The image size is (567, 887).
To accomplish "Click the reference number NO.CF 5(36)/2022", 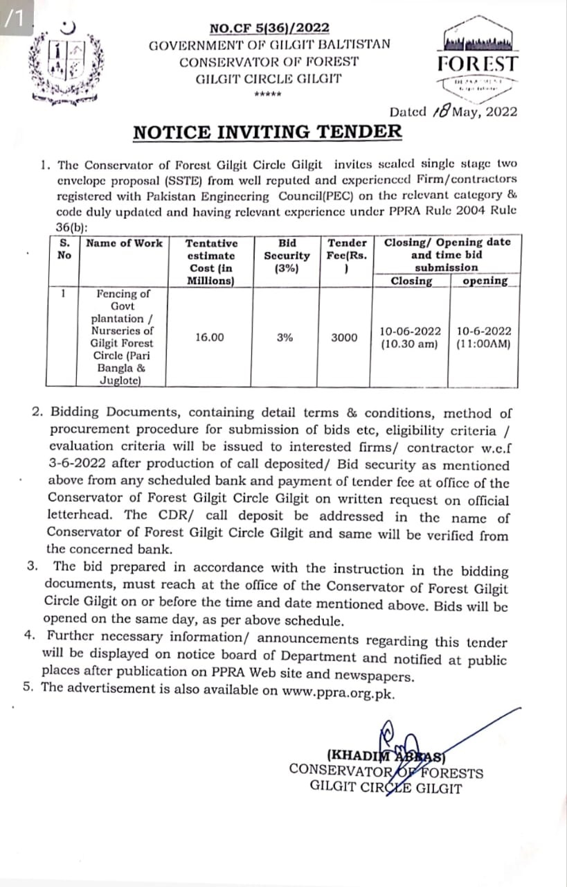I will coord(269,28).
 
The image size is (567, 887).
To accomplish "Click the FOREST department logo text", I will coord(477,64).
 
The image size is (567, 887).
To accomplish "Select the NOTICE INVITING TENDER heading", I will coord(267,132).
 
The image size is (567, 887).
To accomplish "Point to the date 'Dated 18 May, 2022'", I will coord(453,112).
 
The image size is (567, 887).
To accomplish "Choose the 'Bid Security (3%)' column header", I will coord(287,255).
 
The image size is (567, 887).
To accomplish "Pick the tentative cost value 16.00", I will coord(209,337).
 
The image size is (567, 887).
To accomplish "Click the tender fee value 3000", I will coord(344,337).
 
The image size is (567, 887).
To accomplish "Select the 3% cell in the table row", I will coord(285,337).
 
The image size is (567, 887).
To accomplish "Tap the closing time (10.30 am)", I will coord(409,344).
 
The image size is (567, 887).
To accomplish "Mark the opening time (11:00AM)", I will coord(484,344).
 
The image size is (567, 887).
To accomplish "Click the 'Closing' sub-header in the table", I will coord(411,281).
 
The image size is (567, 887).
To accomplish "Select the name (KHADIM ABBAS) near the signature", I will coord(389,756).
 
